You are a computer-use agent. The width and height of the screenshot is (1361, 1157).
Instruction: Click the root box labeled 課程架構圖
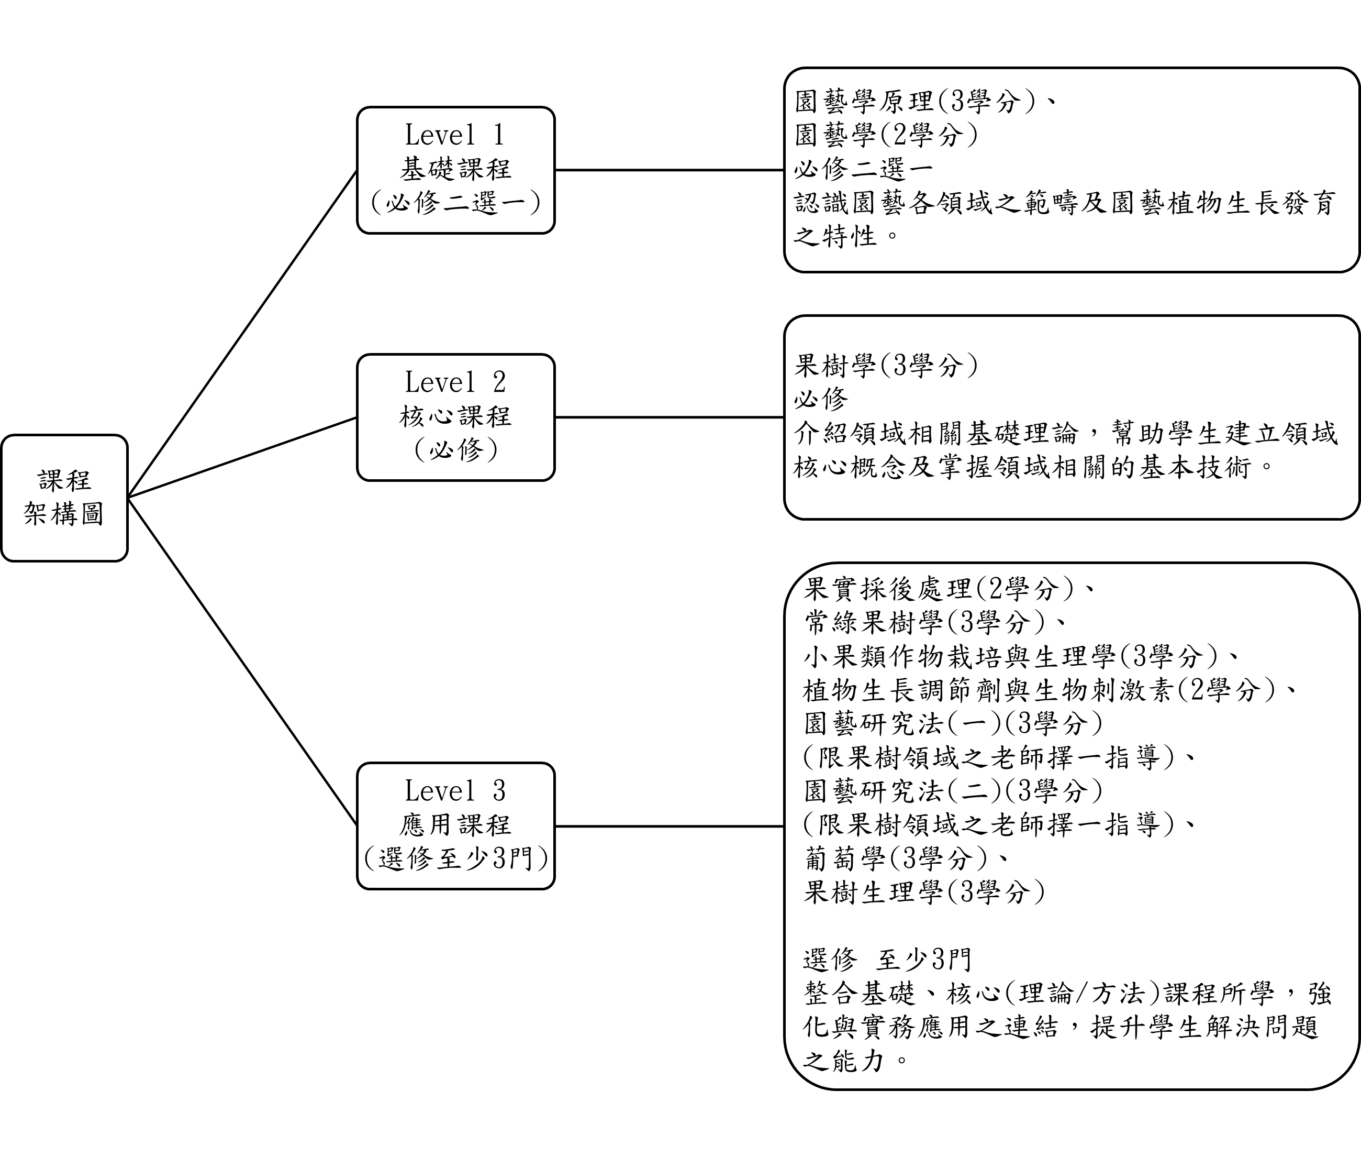click(64, 498)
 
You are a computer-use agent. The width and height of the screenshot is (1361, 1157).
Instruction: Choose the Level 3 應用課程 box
click(455, 826)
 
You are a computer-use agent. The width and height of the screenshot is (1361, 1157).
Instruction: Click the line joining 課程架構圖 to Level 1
click(242, 334)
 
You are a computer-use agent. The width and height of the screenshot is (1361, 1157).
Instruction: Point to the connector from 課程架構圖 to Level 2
click(242, 457)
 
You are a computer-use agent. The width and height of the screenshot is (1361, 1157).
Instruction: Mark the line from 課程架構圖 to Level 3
click(242, 662)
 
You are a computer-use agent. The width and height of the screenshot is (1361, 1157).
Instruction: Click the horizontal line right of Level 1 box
click(670, 170)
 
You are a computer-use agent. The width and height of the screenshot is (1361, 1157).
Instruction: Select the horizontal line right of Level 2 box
click(670, 417)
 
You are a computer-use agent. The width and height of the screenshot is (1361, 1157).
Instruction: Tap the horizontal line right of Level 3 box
click(670, 826)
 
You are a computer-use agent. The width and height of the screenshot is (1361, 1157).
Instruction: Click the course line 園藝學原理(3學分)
click(914, 102)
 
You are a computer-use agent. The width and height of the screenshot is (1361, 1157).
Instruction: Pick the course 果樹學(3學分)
click(886, 366)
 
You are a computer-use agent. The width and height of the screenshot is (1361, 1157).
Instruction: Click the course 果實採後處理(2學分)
click(938, 589)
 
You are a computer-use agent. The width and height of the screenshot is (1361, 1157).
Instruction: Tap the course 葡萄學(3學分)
click(895, 858)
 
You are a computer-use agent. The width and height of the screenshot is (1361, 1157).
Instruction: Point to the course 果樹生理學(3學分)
click(924, 891)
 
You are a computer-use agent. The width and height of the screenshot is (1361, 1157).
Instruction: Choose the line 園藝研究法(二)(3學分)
click(953, 790)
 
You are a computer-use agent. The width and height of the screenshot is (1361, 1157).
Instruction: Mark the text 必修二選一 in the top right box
click(864, 169)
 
